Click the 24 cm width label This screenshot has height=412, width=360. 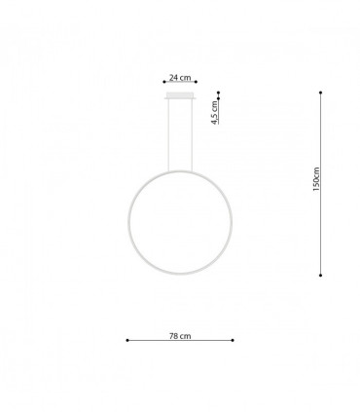(180, 77)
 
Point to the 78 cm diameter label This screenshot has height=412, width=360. (180, 335)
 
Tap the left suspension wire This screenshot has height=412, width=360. (171, 136)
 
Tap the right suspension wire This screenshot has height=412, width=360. (190, 136)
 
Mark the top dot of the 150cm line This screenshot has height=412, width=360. (322, 93)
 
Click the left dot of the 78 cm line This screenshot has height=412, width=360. (127, 341)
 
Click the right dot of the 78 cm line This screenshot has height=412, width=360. (234, 341)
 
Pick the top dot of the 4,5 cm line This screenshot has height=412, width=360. (221, 94)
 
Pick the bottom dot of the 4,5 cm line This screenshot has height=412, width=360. (221, 124)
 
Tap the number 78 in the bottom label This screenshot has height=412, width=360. (174, 335)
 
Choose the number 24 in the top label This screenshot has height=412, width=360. (174, 77)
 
